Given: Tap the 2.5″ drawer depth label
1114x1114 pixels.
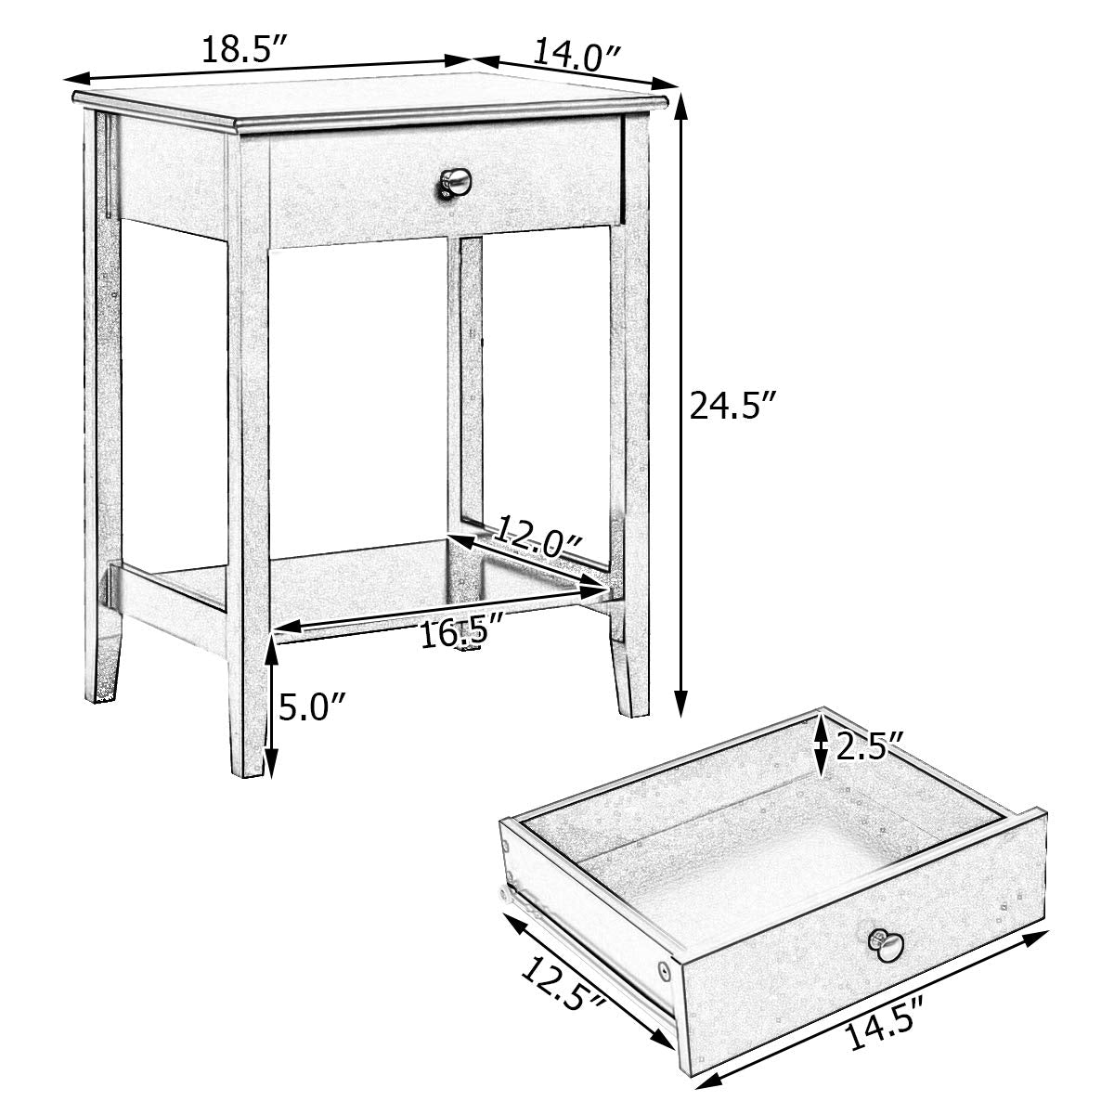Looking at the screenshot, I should pos(870,746).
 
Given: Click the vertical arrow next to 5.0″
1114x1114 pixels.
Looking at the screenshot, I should pos(270,706).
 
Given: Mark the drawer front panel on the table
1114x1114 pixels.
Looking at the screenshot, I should pos(446,186).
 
